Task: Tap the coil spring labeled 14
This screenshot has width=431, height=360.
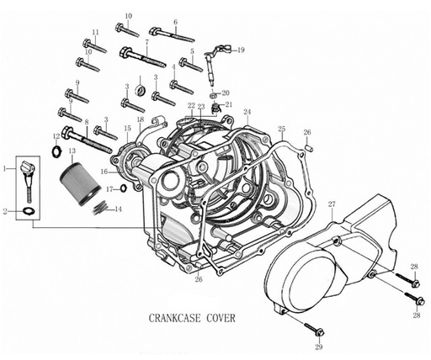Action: point(100,208)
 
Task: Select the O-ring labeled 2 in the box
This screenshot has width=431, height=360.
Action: point(28,211)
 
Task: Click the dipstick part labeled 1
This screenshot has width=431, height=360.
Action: point(28,180)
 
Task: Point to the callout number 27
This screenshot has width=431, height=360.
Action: point(332,204)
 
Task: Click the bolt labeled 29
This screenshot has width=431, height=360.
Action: point(314,329)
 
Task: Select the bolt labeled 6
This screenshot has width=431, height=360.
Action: point(172,34)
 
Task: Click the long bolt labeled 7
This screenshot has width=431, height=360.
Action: point(142,57)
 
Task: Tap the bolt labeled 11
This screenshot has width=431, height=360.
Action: point(94,46)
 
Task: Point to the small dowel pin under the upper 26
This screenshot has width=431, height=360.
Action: point(309,148)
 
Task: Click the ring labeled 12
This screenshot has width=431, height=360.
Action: point(56,151)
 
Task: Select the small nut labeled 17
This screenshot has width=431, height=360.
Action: point(123,188)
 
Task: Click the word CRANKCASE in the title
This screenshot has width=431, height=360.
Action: point(174,318)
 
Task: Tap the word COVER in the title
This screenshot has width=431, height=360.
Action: point(221,318)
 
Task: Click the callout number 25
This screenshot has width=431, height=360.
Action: point(282,129)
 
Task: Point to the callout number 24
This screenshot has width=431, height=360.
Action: point(247,112)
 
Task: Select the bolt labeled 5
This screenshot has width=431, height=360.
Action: point(191,65)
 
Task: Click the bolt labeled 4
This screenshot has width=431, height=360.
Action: point(182,87)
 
